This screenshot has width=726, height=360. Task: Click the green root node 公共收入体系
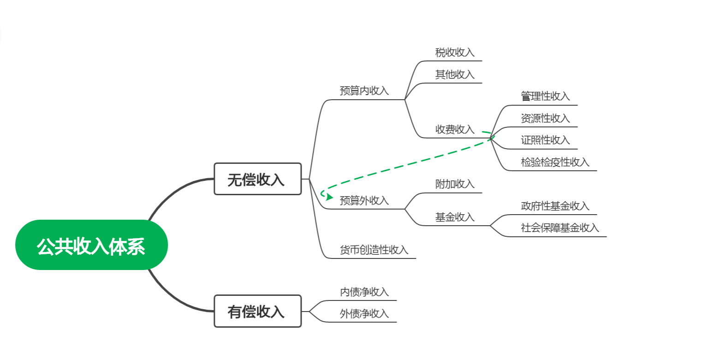point(91,245)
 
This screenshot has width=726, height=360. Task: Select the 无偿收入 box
point(258,179)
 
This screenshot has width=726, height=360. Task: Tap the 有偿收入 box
point(258,312)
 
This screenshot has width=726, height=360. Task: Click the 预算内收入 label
point(364,91)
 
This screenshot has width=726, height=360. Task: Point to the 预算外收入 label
point(364,200)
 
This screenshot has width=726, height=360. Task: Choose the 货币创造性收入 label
point(374,250)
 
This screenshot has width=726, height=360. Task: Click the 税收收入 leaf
point(455,52)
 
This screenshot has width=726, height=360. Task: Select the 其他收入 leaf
point(455,75)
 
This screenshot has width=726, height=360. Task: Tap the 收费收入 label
point(455,129)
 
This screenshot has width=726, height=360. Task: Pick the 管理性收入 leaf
point(546,96)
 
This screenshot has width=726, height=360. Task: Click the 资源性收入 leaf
point(546,118)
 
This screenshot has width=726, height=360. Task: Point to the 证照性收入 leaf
point(546,140)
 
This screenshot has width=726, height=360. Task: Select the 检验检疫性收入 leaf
point(555,162)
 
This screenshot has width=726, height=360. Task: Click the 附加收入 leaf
point(455,184)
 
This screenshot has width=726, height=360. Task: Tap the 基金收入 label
point(455,217)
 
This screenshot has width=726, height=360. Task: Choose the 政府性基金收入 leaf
point(555,206)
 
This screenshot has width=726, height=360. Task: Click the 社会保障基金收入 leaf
point(560,228)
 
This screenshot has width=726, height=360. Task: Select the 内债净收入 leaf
point(364,292)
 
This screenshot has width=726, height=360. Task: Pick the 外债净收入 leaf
point(364,314)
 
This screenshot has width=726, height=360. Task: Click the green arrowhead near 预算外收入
point(330,197)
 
